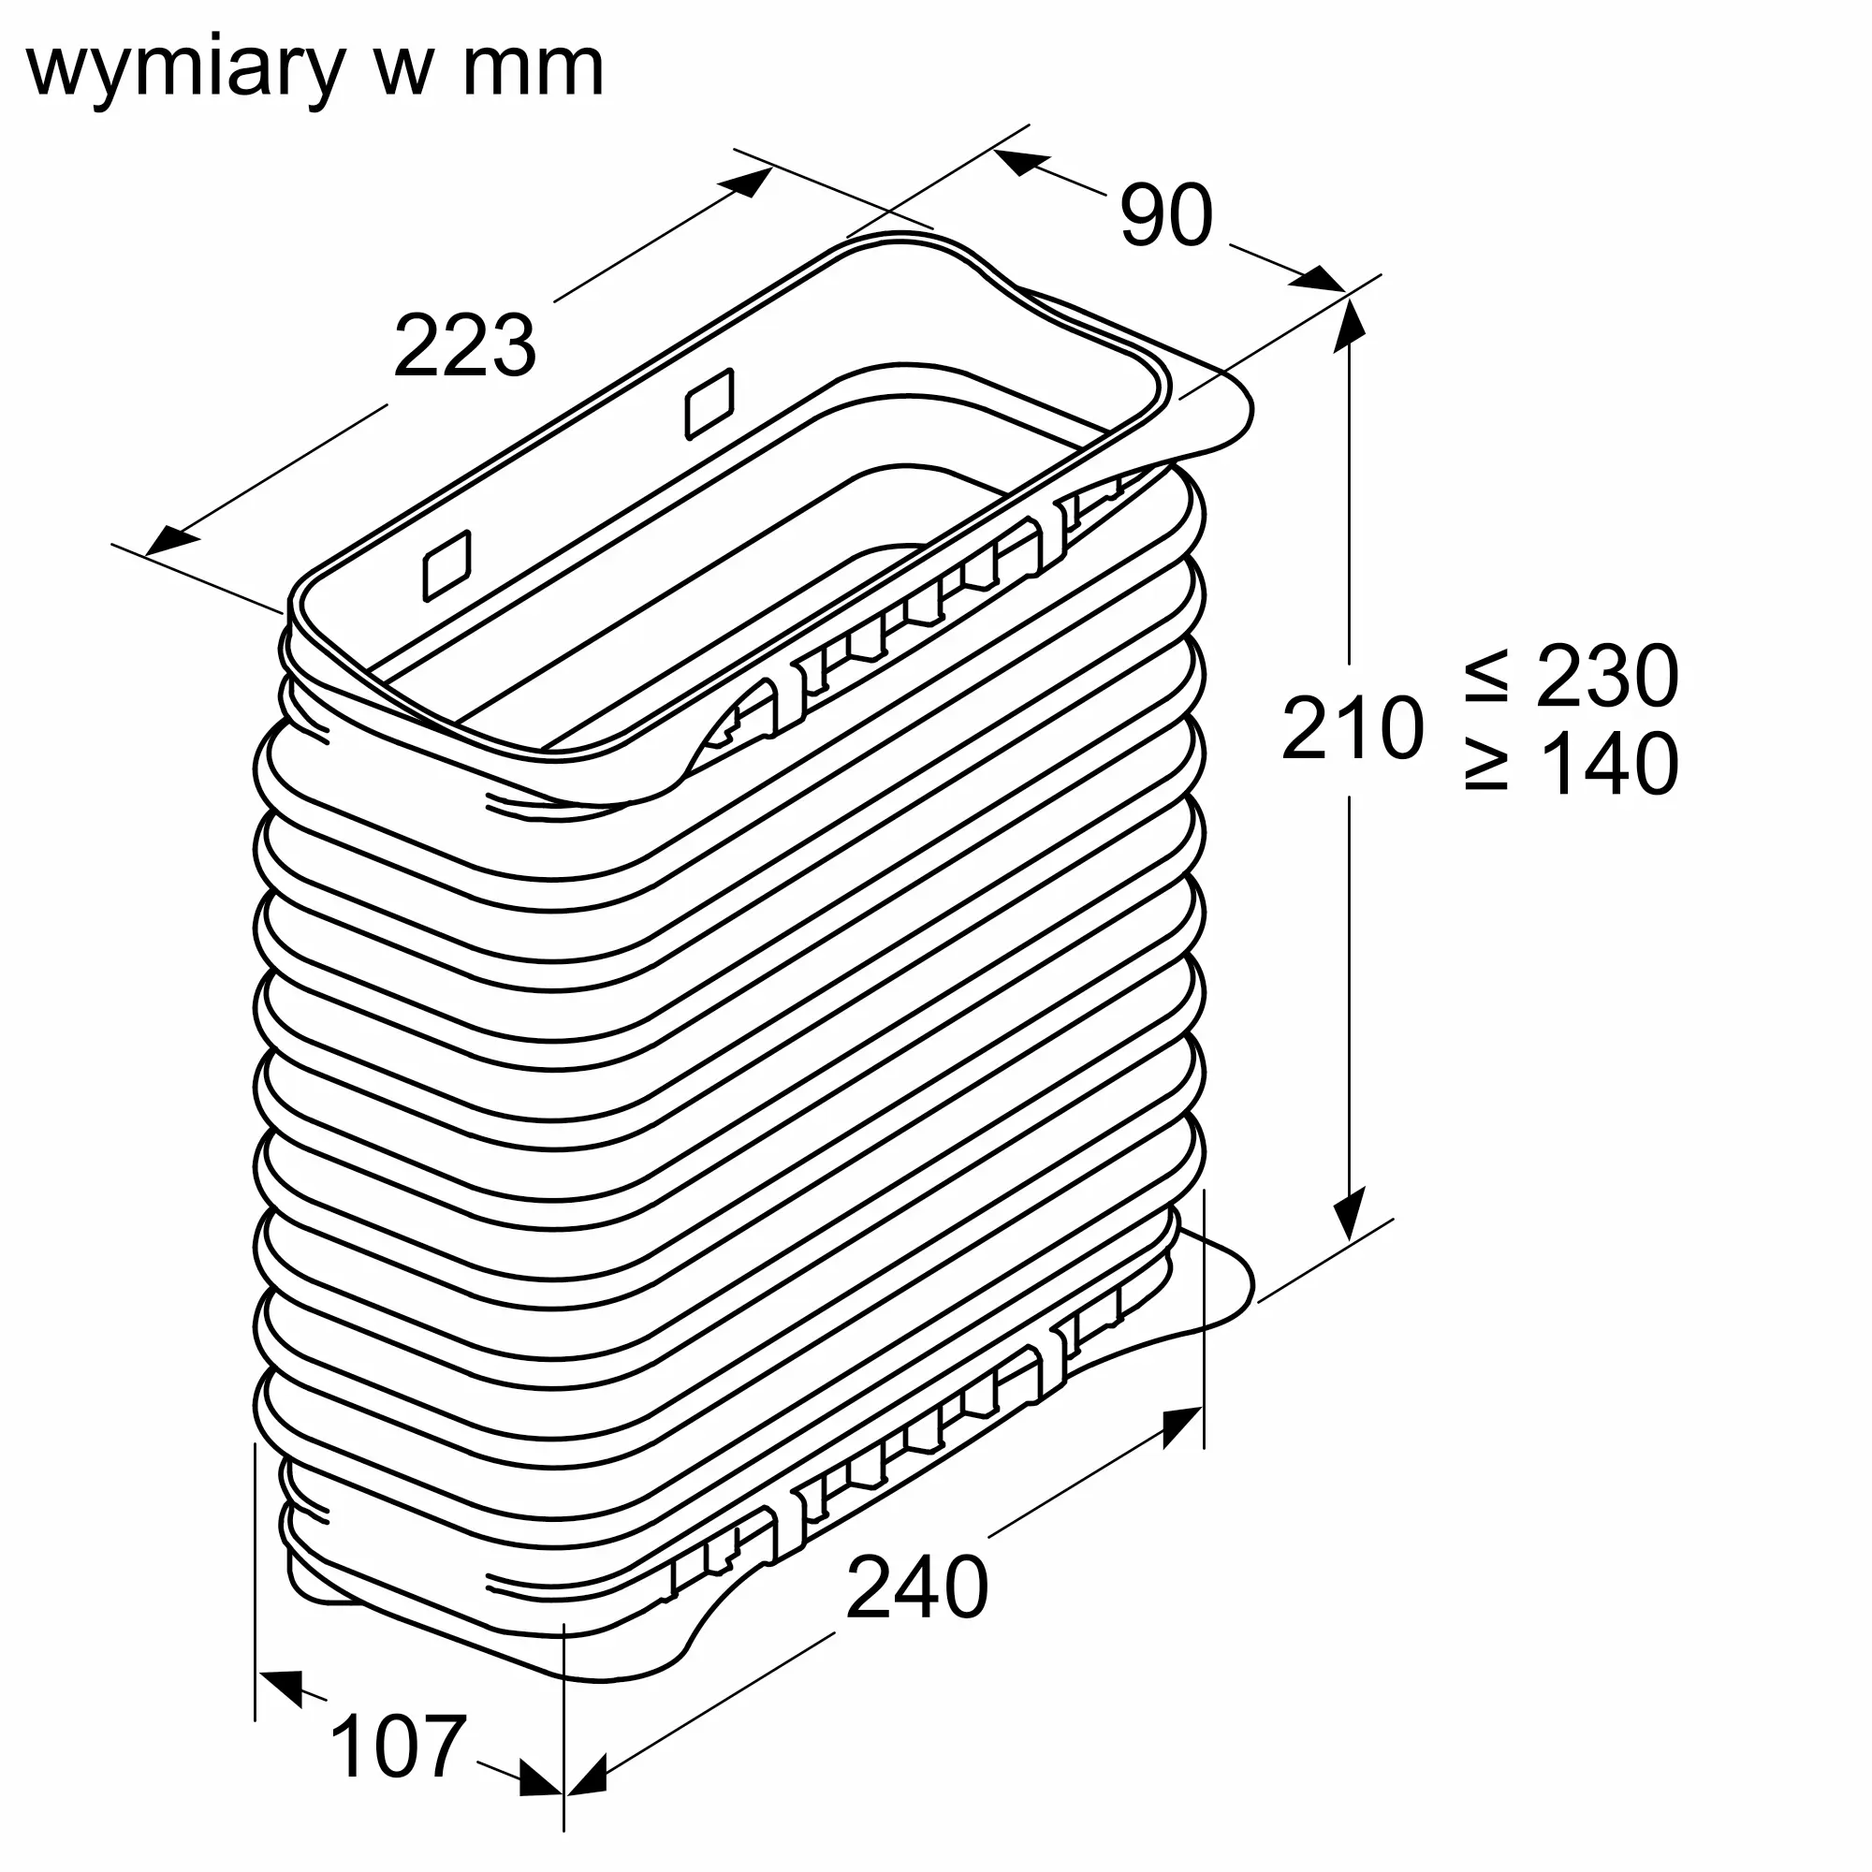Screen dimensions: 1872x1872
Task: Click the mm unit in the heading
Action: click(x=533, y=70)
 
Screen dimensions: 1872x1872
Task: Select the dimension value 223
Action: click(x=464, y=346)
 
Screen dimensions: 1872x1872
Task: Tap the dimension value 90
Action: click(x=1165, y=216)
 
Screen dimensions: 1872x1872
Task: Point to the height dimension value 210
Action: click(x=1353, y=727)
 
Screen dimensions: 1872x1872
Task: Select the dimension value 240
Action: click(x=916, y=1587)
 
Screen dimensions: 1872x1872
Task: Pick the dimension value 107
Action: click(x=398, y=1745)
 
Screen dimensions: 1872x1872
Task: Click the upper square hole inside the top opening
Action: click(x=709, y=402)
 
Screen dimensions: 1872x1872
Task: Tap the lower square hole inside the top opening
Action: click(x=447, y=565)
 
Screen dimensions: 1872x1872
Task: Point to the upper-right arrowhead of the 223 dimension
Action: click(x=750, y=182)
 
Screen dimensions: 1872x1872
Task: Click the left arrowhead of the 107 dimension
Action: click(x=282, y=1686)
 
